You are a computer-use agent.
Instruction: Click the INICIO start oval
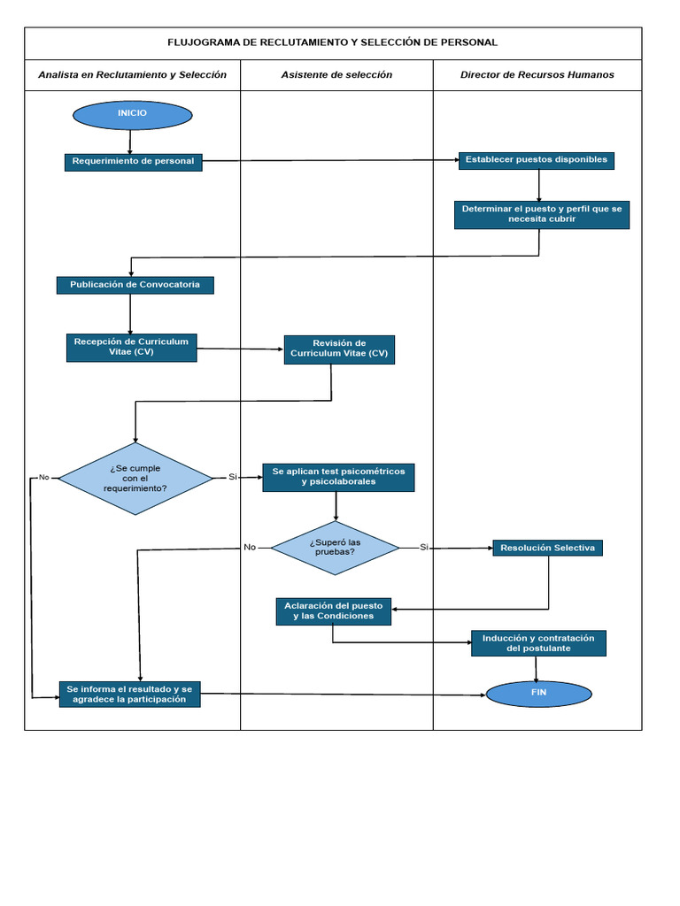point(133,115)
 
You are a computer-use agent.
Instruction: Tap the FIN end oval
point(538,694)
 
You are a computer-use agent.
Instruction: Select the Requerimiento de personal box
point(133,162)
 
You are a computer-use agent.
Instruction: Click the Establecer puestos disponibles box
point(537,160)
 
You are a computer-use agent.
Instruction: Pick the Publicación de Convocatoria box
point(135,285)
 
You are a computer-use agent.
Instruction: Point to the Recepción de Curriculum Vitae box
point(131,347)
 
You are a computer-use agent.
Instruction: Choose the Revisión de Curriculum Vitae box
point(339,349)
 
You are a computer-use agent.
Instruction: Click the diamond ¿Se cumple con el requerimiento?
point(135,479)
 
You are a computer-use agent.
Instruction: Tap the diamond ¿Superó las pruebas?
point(335,548)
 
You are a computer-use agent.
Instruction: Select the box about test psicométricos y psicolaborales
point(338,477)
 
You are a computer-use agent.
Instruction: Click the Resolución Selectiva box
point(548,548)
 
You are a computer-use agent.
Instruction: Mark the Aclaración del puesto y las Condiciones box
point(333,610)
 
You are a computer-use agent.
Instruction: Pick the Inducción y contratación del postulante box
point(538,643)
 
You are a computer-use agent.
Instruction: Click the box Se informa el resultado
point(129,694)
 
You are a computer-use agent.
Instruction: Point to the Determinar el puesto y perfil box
point(542,214)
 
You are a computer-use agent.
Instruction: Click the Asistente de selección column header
point(336,75)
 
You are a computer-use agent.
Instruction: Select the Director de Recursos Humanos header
point(537,75)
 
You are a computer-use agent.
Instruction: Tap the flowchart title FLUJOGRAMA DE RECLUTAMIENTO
point(333,42)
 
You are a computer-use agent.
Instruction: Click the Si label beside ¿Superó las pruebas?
point(424,548)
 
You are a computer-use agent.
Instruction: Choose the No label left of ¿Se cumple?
point(43,478)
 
